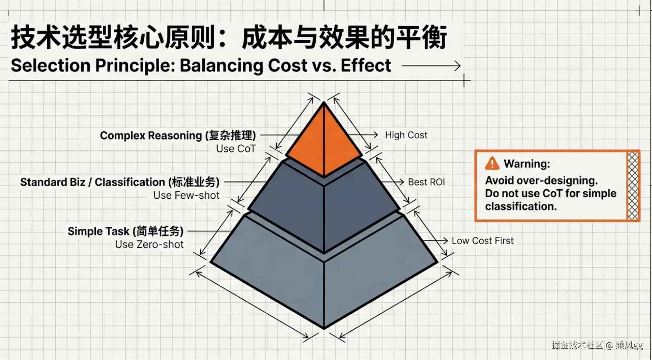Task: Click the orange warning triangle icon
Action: point(492,163)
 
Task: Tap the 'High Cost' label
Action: point(406,135)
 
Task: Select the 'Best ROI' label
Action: point(426,182)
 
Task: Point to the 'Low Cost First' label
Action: point(482,241)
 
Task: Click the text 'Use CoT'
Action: point(236,149)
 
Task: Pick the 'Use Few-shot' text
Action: point(186,196)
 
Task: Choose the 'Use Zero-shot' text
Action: point(149,245)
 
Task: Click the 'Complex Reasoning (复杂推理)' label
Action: point(178,135)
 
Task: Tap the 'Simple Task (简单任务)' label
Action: point(125,231)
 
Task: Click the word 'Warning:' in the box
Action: point(527,164)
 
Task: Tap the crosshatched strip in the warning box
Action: point(633,186)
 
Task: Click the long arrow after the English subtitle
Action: point(431,66)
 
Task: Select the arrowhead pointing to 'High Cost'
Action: point(375,135)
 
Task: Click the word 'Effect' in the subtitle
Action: point(366,66)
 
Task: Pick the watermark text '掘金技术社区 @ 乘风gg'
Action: point(597,345)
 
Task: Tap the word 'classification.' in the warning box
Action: point(521,207)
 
